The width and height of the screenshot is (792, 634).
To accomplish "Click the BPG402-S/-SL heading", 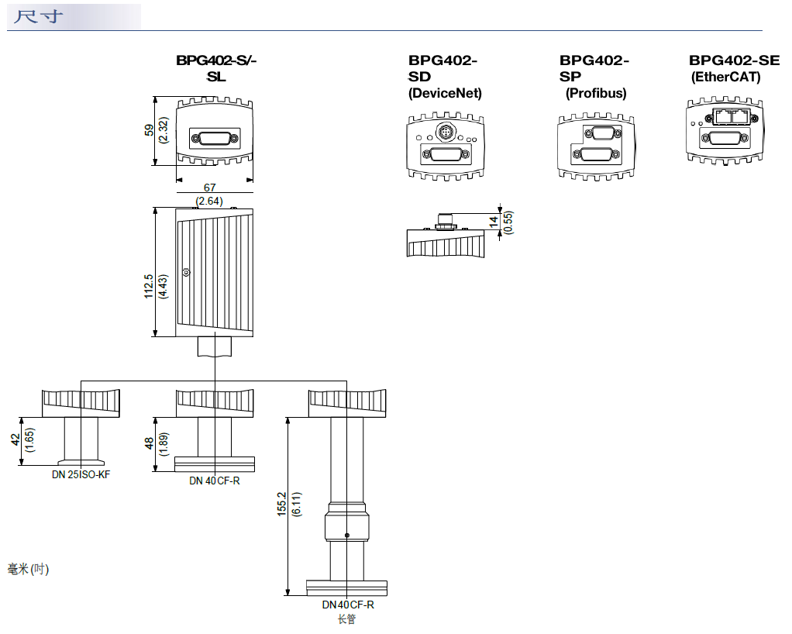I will pos(215,68).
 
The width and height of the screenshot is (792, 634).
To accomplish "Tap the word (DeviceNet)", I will pos(445,93).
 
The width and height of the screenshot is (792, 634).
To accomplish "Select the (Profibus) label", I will pos(595,93).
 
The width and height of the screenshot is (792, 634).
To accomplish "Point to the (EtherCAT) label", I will pos(725,78).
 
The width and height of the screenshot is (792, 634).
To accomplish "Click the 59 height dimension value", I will pos(150,130).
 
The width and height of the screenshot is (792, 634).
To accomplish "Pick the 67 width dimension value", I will pos(209,188).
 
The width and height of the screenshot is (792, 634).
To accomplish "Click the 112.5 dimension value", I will pos(148,287).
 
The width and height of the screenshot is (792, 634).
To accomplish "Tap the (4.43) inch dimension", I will pos(163,287).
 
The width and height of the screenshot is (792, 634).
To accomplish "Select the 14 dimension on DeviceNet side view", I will pos(494,222).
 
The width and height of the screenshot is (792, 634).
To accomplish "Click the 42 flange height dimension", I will pos(15,440).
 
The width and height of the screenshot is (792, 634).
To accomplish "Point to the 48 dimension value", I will pos(150,443).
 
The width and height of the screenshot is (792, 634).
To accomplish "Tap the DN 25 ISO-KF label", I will pos(81,474).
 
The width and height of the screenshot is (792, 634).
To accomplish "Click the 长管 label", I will pos(346,619).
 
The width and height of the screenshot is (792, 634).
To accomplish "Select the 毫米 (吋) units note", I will pos(28,570).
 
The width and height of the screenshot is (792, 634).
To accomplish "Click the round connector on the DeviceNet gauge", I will pos(444,133).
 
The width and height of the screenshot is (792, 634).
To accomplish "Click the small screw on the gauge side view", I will pos(186,273).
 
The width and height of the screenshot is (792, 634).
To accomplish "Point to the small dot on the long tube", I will pos(346,535).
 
